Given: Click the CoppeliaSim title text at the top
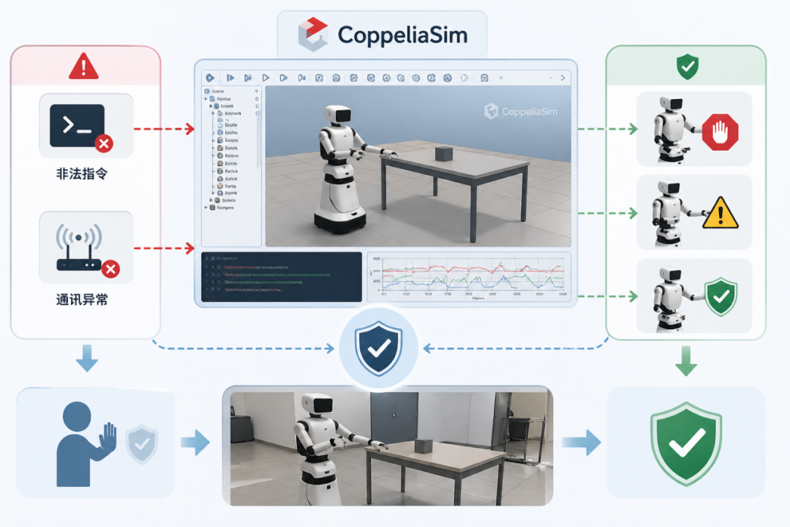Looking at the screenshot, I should click(x=402, y=34).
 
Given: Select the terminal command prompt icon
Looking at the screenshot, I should click(x=77, y=125).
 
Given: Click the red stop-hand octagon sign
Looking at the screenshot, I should click(x=720, y=132).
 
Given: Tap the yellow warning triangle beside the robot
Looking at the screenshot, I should click(x=720, y=213).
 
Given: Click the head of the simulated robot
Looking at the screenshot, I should click(x=339, y=116).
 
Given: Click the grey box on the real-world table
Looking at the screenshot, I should click(x=424, y=445).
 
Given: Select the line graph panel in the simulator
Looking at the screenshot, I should click(x=468, y=277).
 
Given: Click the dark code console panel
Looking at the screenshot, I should click(x=282, y=277).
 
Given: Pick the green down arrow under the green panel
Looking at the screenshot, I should click(x=685, y=362).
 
